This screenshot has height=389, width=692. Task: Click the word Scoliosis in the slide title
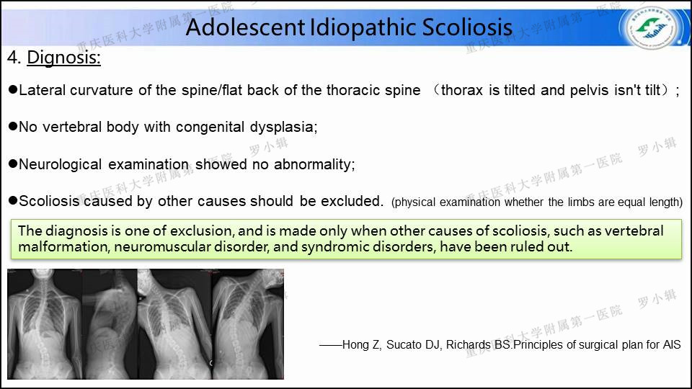pyautogui.click(x=467, y=27)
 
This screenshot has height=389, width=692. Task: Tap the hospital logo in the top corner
pyautogui.click(x=652, y=27)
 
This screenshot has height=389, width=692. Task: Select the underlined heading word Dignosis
pyautogui.click(x=63, y=58)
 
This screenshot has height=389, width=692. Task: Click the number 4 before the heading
pyautogui.click(x=14, y=58)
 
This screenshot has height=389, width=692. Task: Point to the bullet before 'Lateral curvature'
pyautogui.click(x=13, y=89)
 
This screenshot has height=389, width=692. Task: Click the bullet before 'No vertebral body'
pyautogui.click(x=13, y=126)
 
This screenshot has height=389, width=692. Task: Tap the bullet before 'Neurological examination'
pyautogui.click(x=13, y=164)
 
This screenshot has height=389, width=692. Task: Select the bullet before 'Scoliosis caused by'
pyautogui.click(x=13, y=201)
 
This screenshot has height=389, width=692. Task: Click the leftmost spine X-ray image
pyautogui.click(x=45, y=324)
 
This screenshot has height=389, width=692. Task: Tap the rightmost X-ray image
pyautogui.click(x=247, y=324)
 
